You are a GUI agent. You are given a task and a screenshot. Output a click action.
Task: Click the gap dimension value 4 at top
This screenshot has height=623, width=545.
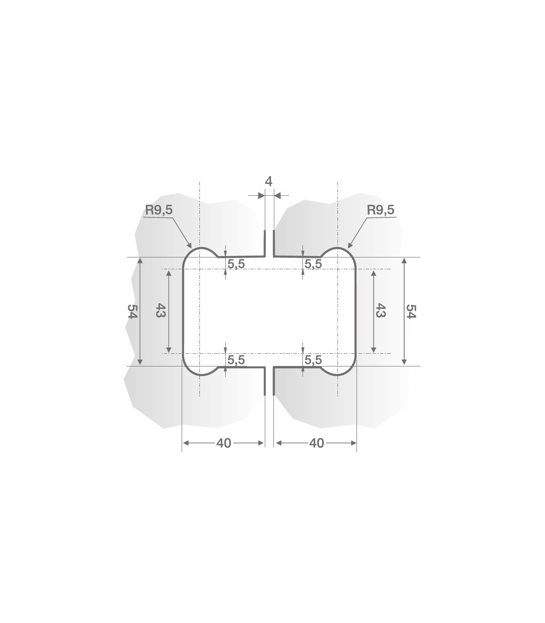[x=268, y=182]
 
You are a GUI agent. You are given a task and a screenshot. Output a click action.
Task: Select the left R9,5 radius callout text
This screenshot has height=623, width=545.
[x=159, y=210]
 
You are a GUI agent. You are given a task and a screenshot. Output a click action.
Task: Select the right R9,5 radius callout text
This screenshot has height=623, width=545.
[x=381, y=210]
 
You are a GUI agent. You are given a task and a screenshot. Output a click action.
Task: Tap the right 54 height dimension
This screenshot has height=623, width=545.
[x=411, y=311]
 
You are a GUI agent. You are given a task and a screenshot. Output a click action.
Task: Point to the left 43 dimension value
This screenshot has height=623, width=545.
[x=160, y=311]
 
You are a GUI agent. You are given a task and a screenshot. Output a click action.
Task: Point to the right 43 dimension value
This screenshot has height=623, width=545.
[x=381, y=311]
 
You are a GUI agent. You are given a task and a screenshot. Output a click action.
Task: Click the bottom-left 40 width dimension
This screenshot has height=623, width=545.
[x=224, y=443]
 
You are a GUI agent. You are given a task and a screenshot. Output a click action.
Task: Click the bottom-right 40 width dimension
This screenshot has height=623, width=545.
[x=317, y=443]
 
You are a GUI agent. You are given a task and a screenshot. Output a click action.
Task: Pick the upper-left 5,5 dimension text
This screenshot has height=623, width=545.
[x=236, y=264]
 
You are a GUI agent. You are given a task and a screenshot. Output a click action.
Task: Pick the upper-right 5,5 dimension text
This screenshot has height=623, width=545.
[x=313, y=264]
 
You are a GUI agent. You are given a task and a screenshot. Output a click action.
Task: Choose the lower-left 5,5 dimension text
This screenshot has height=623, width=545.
[x=236, y=360]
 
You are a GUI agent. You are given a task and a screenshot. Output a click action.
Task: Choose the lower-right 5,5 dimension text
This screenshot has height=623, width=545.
[x=313, y=360]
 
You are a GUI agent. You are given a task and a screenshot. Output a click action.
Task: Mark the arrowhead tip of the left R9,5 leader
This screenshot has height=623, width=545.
[x=192, y=248]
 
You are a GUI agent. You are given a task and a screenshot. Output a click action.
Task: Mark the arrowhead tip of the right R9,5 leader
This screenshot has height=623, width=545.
[x=347, y=248]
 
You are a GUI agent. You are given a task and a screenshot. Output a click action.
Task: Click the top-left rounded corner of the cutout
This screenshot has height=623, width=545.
[x=188, y=255]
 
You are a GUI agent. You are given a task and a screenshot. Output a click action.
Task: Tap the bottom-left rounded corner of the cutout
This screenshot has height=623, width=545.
[x=188, y=369]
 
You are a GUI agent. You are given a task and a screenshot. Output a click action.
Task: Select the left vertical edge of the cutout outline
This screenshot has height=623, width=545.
[x=183, y=311]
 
